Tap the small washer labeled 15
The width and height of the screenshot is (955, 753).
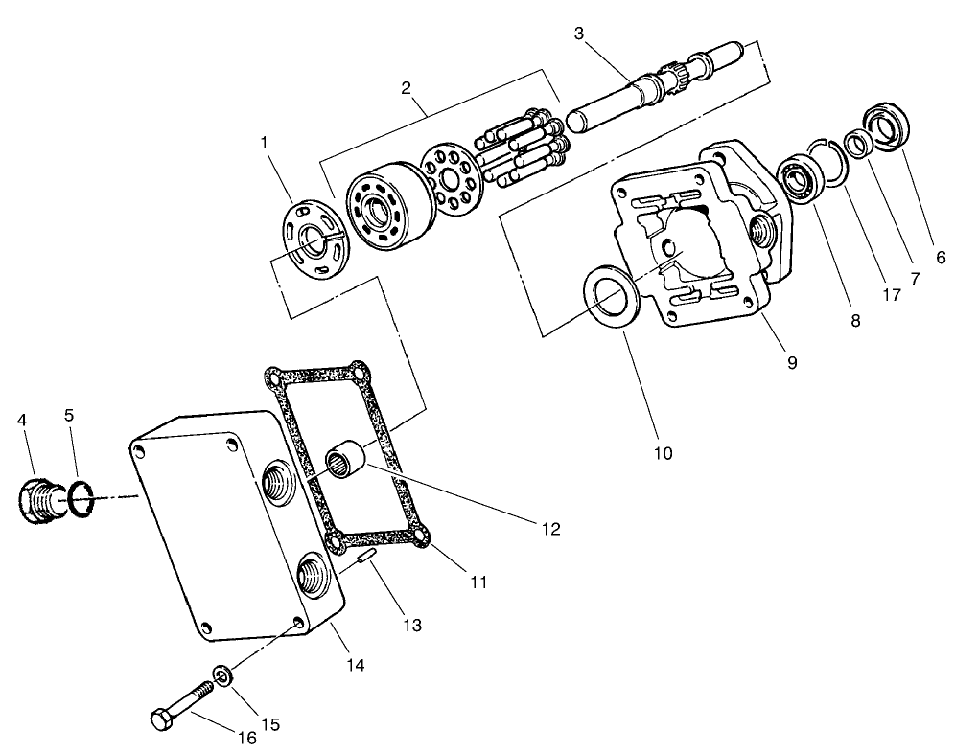pyautogui.click(x=221, y=678)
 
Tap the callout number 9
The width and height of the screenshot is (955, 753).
pyautogui.click(x=792, y=362)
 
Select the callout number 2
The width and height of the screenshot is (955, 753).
pyautogui.click(x=407, y=88)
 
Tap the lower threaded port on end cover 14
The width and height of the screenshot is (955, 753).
pyautogui.click(x=314, y=578)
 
